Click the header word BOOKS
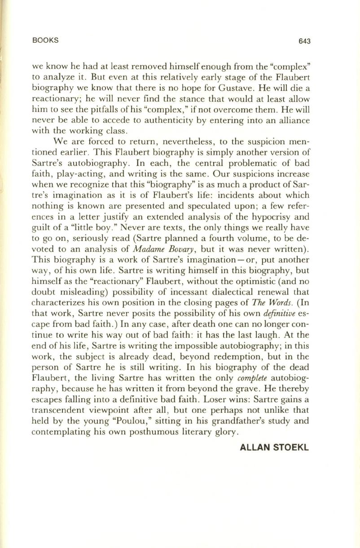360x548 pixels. click(46, 40)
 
